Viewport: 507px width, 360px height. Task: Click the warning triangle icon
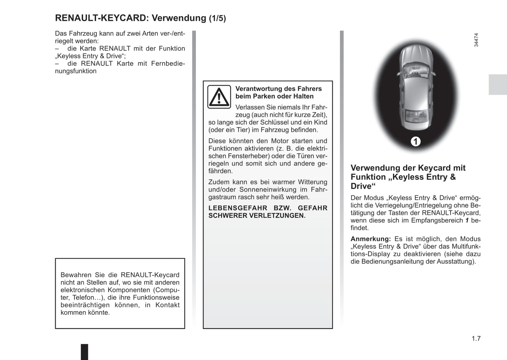click(219, 96)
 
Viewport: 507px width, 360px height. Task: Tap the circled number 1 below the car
click(415, 141)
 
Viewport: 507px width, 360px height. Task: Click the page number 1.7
click(476, 339)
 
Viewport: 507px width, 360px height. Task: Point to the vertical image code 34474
click(476, 40)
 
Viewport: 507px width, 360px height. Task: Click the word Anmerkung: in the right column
click(371, 239)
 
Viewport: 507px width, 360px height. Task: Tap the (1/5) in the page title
click(218, 18)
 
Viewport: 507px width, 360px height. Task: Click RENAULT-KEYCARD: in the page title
click(102, 18)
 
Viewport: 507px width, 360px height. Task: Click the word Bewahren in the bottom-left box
click(75, 275)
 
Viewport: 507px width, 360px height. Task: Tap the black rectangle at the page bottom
click(85, 352)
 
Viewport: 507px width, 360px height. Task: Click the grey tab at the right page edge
click(498, 85)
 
